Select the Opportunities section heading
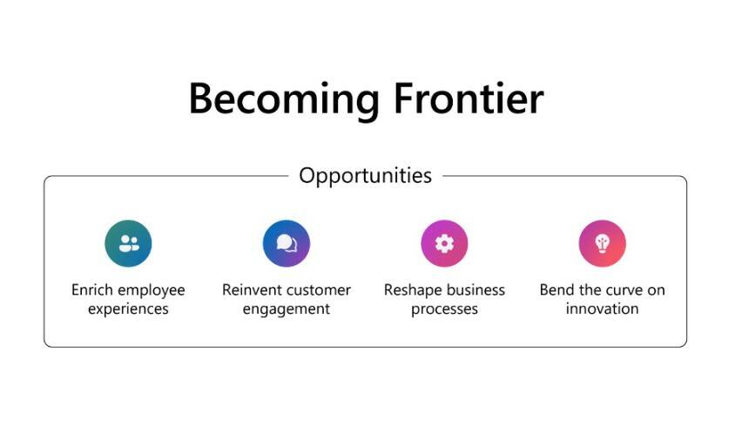tap(365, 175)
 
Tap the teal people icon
tap(128, 243)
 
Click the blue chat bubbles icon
tap(287, 243)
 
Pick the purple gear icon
tap(444, 243)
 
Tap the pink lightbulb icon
tap(602, 243)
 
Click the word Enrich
tap(92, 290)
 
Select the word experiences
tap(128, 309)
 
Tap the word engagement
tap(287, 309)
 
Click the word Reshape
tap(413, 290)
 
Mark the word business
tap(475, 290)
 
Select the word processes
tap(444, 309)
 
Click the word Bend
tap(556, 290)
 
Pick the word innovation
tap(602, 309)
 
